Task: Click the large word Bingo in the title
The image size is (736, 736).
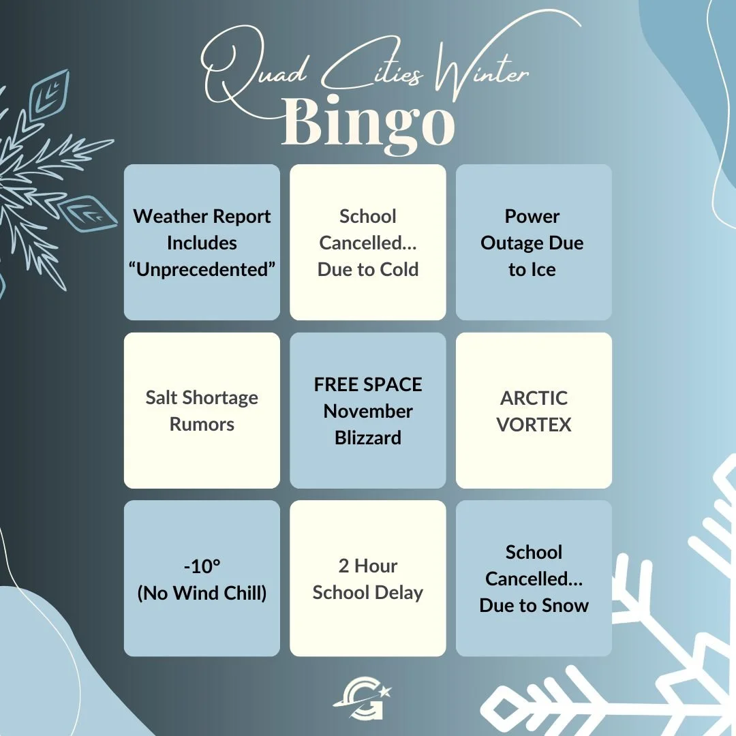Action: tap(368, 123)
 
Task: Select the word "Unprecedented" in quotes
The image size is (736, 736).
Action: tap(202, 269)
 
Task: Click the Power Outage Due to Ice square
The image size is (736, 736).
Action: tap(534, 243)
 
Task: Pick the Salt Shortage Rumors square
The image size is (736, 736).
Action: tap(202, 410)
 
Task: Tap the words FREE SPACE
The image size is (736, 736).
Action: tap(368, 384)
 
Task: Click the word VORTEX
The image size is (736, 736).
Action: tap(534, 424)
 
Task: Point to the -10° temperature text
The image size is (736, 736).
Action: tap(202, 566)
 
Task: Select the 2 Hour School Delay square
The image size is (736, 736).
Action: tap(368, 579)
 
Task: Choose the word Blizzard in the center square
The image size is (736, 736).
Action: tap(368, 438)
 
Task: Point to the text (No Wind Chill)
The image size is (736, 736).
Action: tap(202, 593)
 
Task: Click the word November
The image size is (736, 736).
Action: tap(368, 411)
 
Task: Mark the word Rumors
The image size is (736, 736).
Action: tap(202, 424)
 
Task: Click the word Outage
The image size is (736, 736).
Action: tap(511, 243)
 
